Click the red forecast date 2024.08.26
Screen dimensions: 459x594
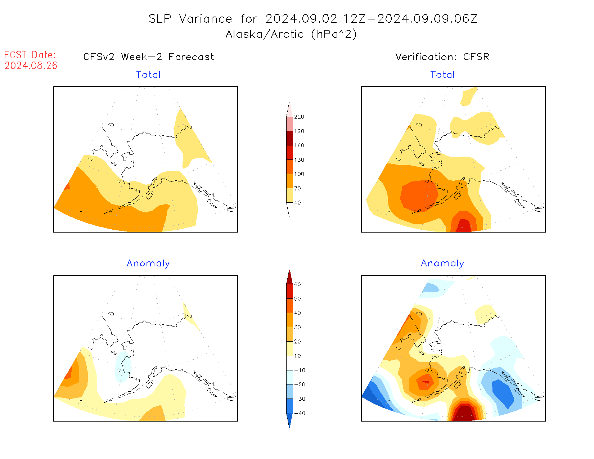pos(31,66)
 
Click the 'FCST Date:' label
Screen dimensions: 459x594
pos(30,55)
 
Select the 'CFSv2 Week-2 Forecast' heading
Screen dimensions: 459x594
pos(148,57)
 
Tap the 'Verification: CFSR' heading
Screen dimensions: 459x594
pos(442,57)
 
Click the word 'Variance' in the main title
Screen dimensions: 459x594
pos(206,19)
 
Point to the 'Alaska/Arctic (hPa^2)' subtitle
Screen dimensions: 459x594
pos(291,34)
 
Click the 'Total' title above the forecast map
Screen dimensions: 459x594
pos(148,75)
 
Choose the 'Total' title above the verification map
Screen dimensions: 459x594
pos(442,75)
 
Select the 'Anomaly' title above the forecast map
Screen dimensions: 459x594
pos(148,264)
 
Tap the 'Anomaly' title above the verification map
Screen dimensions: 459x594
pos(442,264)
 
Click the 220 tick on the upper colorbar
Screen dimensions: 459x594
pos(299,117)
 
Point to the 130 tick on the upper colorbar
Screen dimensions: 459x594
pos(299,160)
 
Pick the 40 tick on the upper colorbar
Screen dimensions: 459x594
pos(297,203)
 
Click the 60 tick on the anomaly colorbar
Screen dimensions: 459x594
pos(297,284)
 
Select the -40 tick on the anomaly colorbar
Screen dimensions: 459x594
pos(300,413)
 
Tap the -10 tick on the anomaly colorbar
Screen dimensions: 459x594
pos(300,370)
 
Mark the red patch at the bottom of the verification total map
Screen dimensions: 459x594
pos(464,226)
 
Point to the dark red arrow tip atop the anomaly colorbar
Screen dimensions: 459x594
pos(289,276)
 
